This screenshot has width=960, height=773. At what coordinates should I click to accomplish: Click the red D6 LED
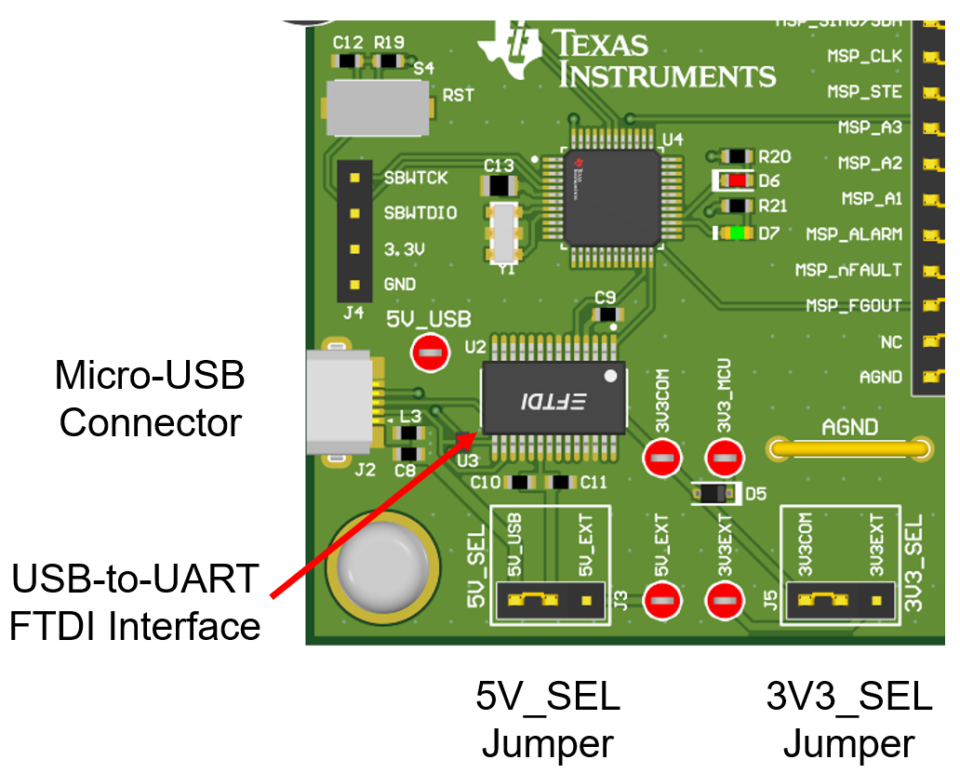[x=737, y=180]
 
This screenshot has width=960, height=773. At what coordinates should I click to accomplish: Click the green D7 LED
[x=737, y=233]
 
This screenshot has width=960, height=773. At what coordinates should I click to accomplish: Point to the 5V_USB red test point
[x=429, y=352]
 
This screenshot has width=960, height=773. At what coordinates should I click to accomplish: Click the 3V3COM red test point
[x=661, y=457]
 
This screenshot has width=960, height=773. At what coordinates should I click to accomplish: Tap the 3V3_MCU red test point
[x=725, y=457]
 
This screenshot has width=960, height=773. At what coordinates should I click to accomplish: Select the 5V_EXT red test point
[x=661, y=601]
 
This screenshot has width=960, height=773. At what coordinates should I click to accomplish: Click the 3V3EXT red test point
[x=725, y=601]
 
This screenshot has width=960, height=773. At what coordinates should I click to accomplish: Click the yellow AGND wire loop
[x=848, y=449]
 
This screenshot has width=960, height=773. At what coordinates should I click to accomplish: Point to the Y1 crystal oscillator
[x=503, y=233]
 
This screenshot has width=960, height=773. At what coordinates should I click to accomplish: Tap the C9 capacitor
[x=607, y=314]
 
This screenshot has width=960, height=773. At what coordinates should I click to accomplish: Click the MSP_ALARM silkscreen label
[x=854, y=234]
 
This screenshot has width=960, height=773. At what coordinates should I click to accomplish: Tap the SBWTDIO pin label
[x=420, y=213]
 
